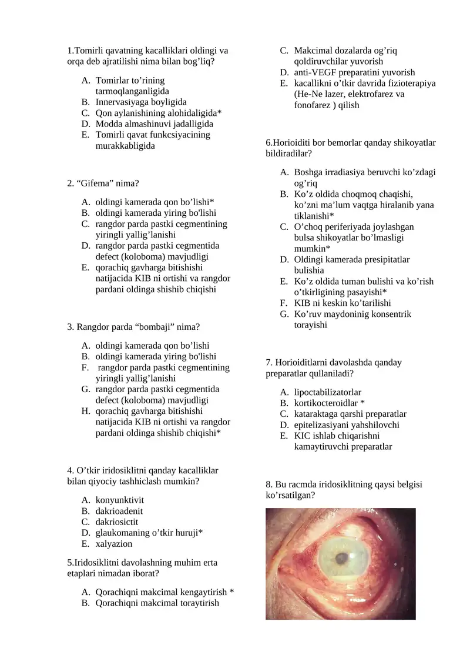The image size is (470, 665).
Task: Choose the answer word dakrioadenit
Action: coord(119,511)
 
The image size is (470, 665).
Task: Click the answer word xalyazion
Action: coord(114,544)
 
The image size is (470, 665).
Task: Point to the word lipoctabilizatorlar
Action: coord(327,392)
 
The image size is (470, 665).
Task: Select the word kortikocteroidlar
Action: coord(325,403)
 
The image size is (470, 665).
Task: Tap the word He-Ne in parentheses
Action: coord(309,94)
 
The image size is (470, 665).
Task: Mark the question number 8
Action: coord(268,484)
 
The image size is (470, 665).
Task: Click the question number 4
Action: coord(70,470)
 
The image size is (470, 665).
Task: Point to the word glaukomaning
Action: coord(122,533)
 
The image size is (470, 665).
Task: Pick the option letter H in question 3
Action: coord(85,411)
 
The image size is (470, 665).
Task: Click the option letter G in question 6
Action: coord(284,314)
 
